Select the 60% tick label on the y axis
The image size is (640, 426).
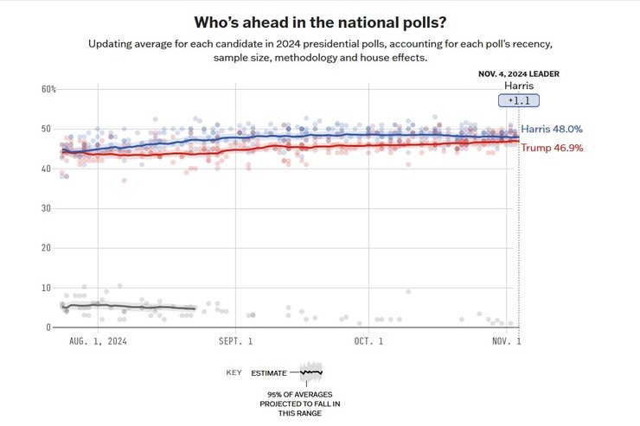point(48,90)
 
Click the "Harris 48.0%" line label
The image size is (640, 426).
point(552,129)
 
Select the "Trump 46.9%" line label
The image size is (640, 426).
point(551,148)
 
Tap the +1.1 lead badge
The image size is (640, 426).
point(518,101)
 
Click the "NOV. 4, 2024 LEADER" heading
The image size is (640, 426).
point(518,74)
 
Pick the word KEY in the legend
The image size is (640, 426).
point(234,372)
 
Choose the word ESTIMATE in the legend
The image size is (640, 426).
point(270,372)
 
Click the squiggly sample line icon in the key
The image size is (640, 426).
point(310,372)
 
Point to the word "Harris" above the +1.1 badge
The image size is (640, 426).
point(518,86)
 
